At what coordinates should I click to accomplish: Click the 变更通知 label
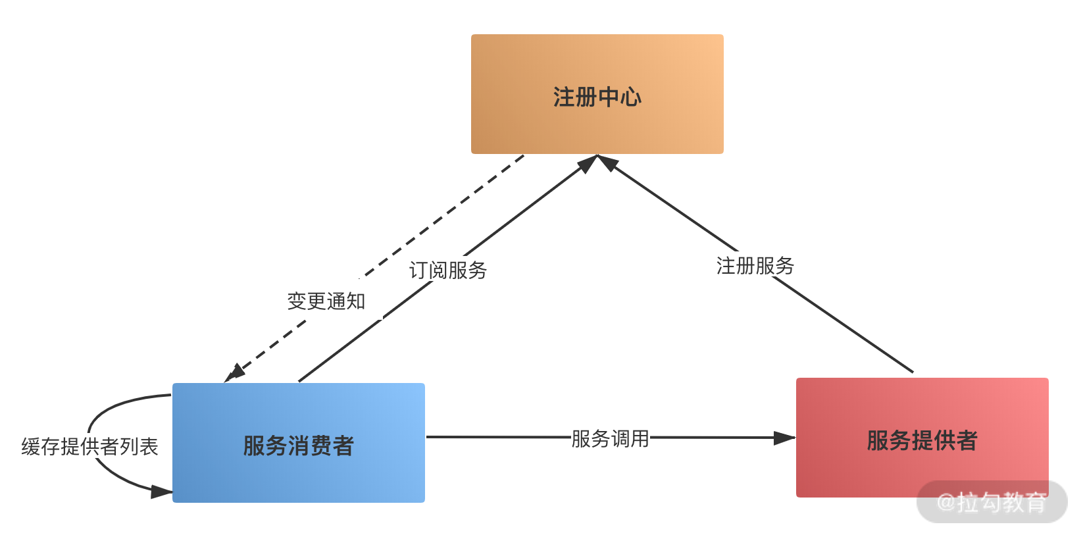326,301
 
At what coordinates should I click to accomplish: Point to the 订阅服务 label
447,270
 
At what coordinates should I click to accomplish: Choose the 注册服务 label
755,265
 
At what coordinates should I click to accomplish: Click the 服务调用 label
610,438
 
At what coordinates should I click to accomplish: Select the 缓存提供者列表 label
89,446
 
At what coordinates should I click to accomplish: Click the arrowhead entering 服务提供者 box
784,438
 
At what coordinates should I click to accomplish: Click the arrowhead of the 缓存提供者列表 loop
161,492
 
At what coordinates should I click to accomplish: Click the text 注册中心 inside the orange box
597,97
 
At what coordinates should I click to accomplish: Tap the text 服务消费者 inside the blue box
298,446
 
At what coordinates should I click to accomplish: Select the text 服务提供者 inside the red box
922,440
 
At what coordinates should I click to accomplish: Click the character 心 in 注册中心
631,97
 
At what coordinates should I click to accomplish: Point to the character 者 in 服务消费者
343,446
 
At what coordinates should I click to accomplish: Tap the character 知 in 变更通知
355,301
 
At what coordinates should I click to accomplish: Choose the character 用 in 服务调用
640,438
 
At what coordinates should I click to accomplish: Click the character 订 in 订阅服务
418,270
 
